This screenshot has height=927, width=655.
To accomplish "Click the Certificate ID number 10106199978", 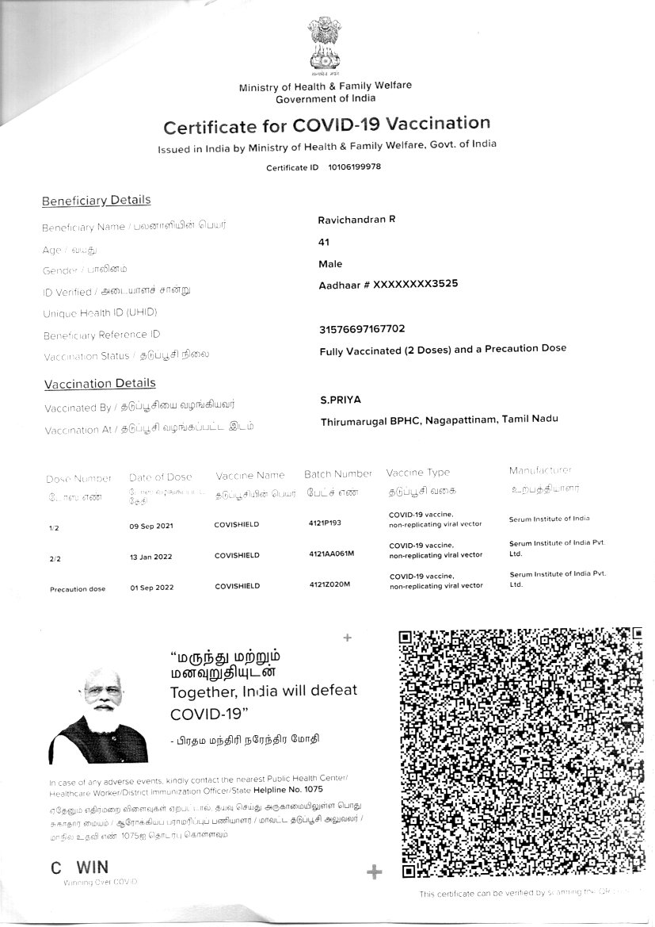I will point(354,167).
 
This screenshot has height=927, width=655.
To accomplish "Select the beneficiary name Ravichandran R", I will point(356,220).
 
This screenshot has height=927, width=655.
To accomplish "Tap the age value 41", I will point(323,242).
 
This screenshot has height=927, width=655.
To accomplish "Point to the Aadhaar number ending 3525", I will point(388,284).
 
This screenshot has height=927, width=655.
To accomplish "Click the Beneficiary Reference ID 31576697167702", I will point(362,328).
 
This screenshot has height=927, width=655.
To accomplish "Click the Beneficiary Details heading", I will point(96,201).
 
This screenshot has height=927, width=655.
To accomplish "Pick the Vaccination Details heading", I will point(100,384).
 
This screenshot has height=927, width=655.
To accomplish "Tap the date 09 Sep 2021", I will point(151,526).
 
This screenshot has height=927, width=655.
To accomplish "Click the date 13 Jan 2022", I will point(150,557).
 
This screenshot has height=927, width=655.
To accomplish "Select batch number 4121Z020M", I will point(329,585).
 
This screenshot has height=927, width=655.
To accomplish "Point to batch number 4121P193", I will point(325,524).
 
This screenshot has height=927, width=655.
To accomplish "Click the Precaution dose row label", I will point(77,589).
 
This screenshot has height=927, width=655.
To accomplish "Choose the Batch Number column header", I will point(337,474).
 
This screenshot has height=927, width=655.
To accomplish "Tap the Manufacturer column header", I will point(540,471).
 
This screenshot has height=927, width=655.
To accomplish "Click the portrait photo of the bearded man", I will point(99,718).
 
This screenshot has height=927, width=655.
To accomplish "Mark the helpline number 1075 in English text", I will point(314,790).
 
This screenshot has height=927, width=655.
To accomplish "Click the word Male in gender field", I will point(330,263).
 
